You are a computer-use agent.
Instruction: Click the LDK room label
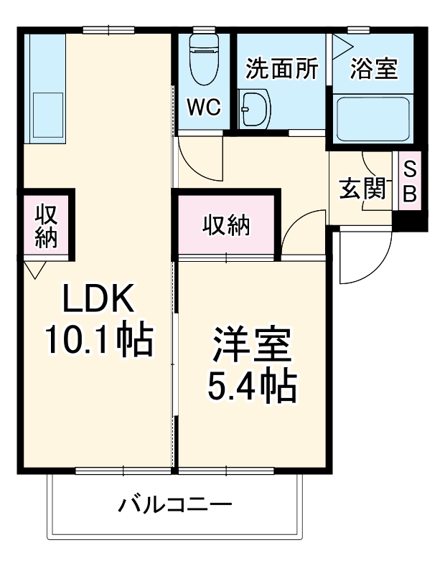(98, 299)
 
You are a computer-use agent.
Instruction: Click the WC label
(204, 107)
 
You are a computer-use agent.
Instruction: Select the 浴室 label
(375, 70)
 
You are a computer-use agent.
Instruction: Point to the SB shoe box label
(410, 181)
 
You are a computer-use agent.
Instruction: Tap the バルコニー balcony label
(175, 505)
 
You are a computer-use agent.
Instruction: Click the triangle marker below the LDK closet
(34, 269)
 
